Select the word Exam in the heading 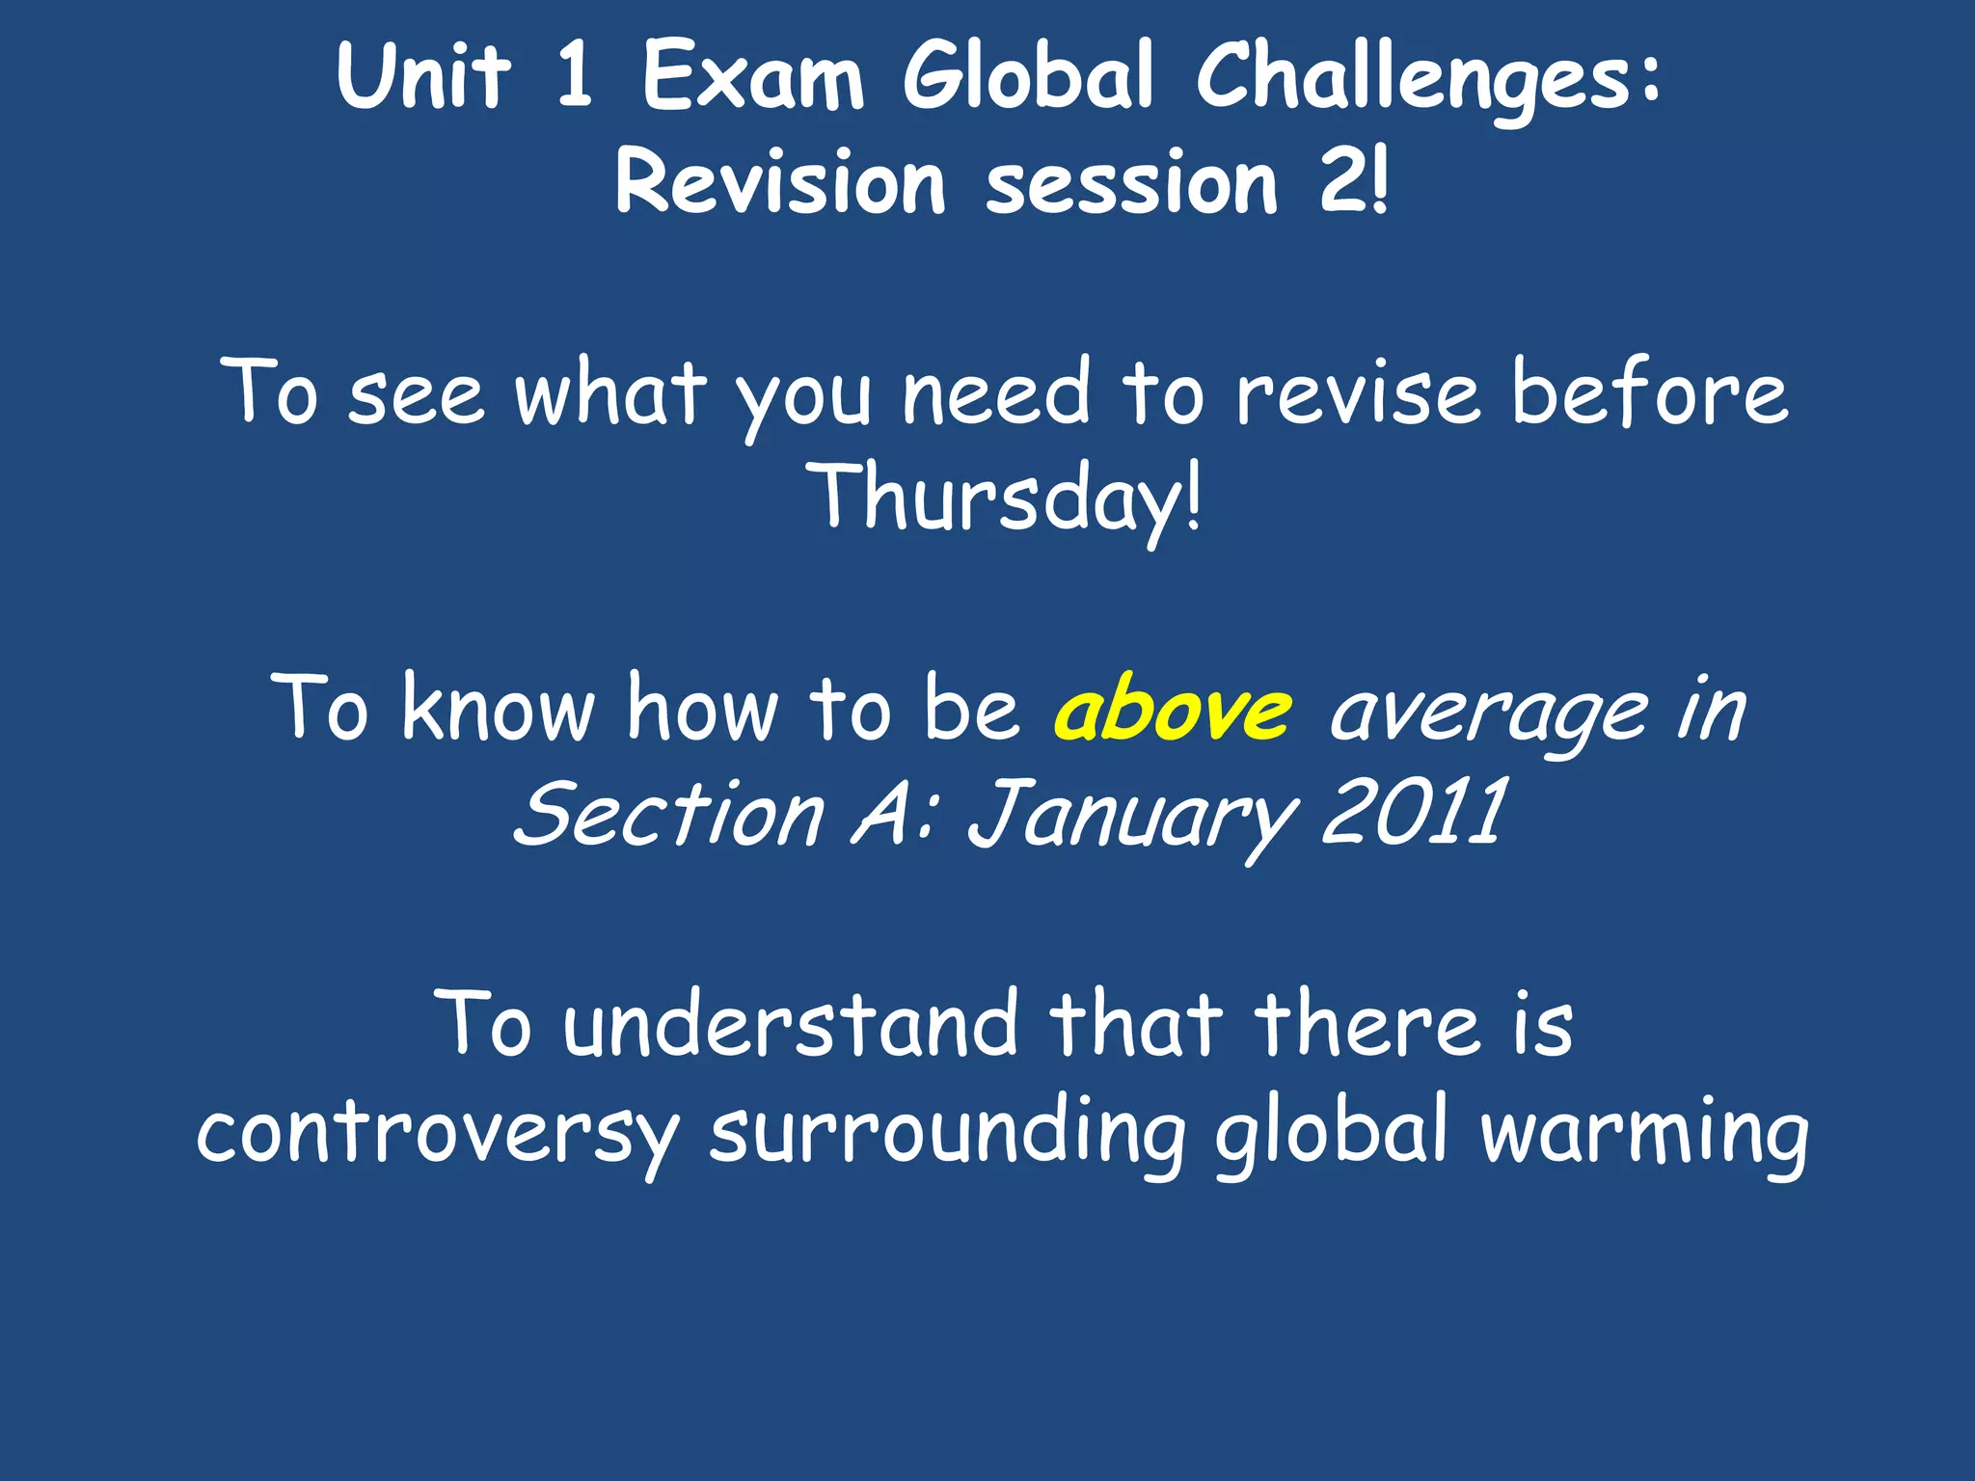(x=753, y=77)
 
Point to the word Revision (x=780, y=182)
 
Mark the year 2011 (x=1412, y=815)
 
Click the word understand (x=791, y=1024)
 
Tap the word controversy (x=438, y=1132)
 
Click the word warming (x=1644, y=1132)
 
